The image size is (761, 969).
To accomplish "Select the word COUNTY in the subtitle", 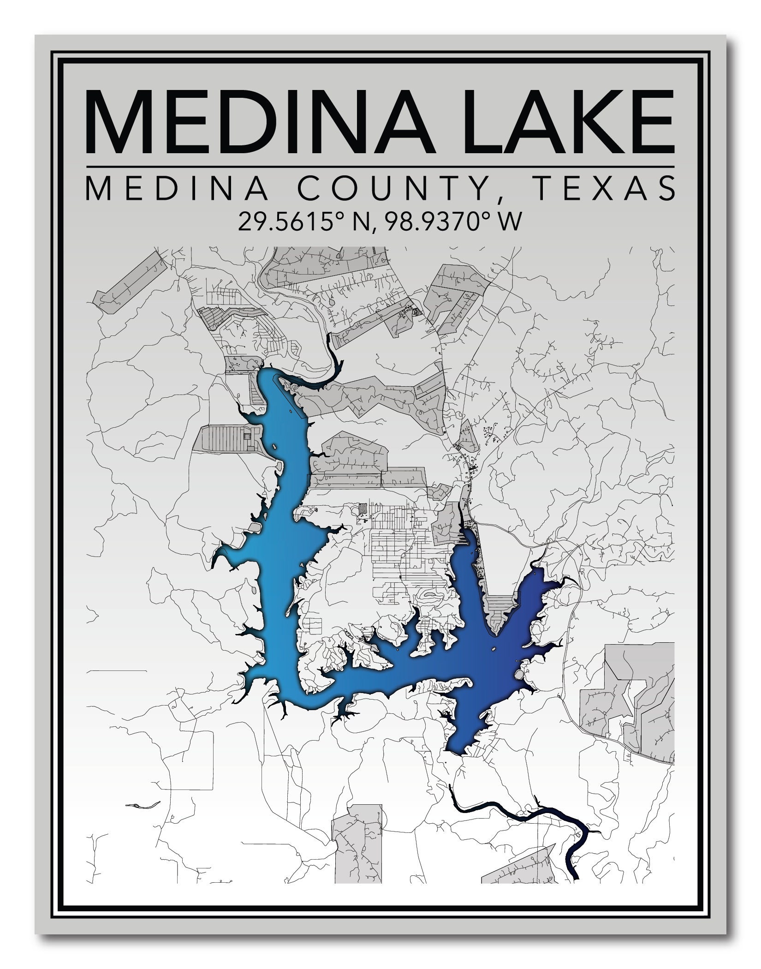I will (386, 188).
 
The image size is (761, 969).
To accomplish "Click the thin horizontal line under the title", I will (380, 166).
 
